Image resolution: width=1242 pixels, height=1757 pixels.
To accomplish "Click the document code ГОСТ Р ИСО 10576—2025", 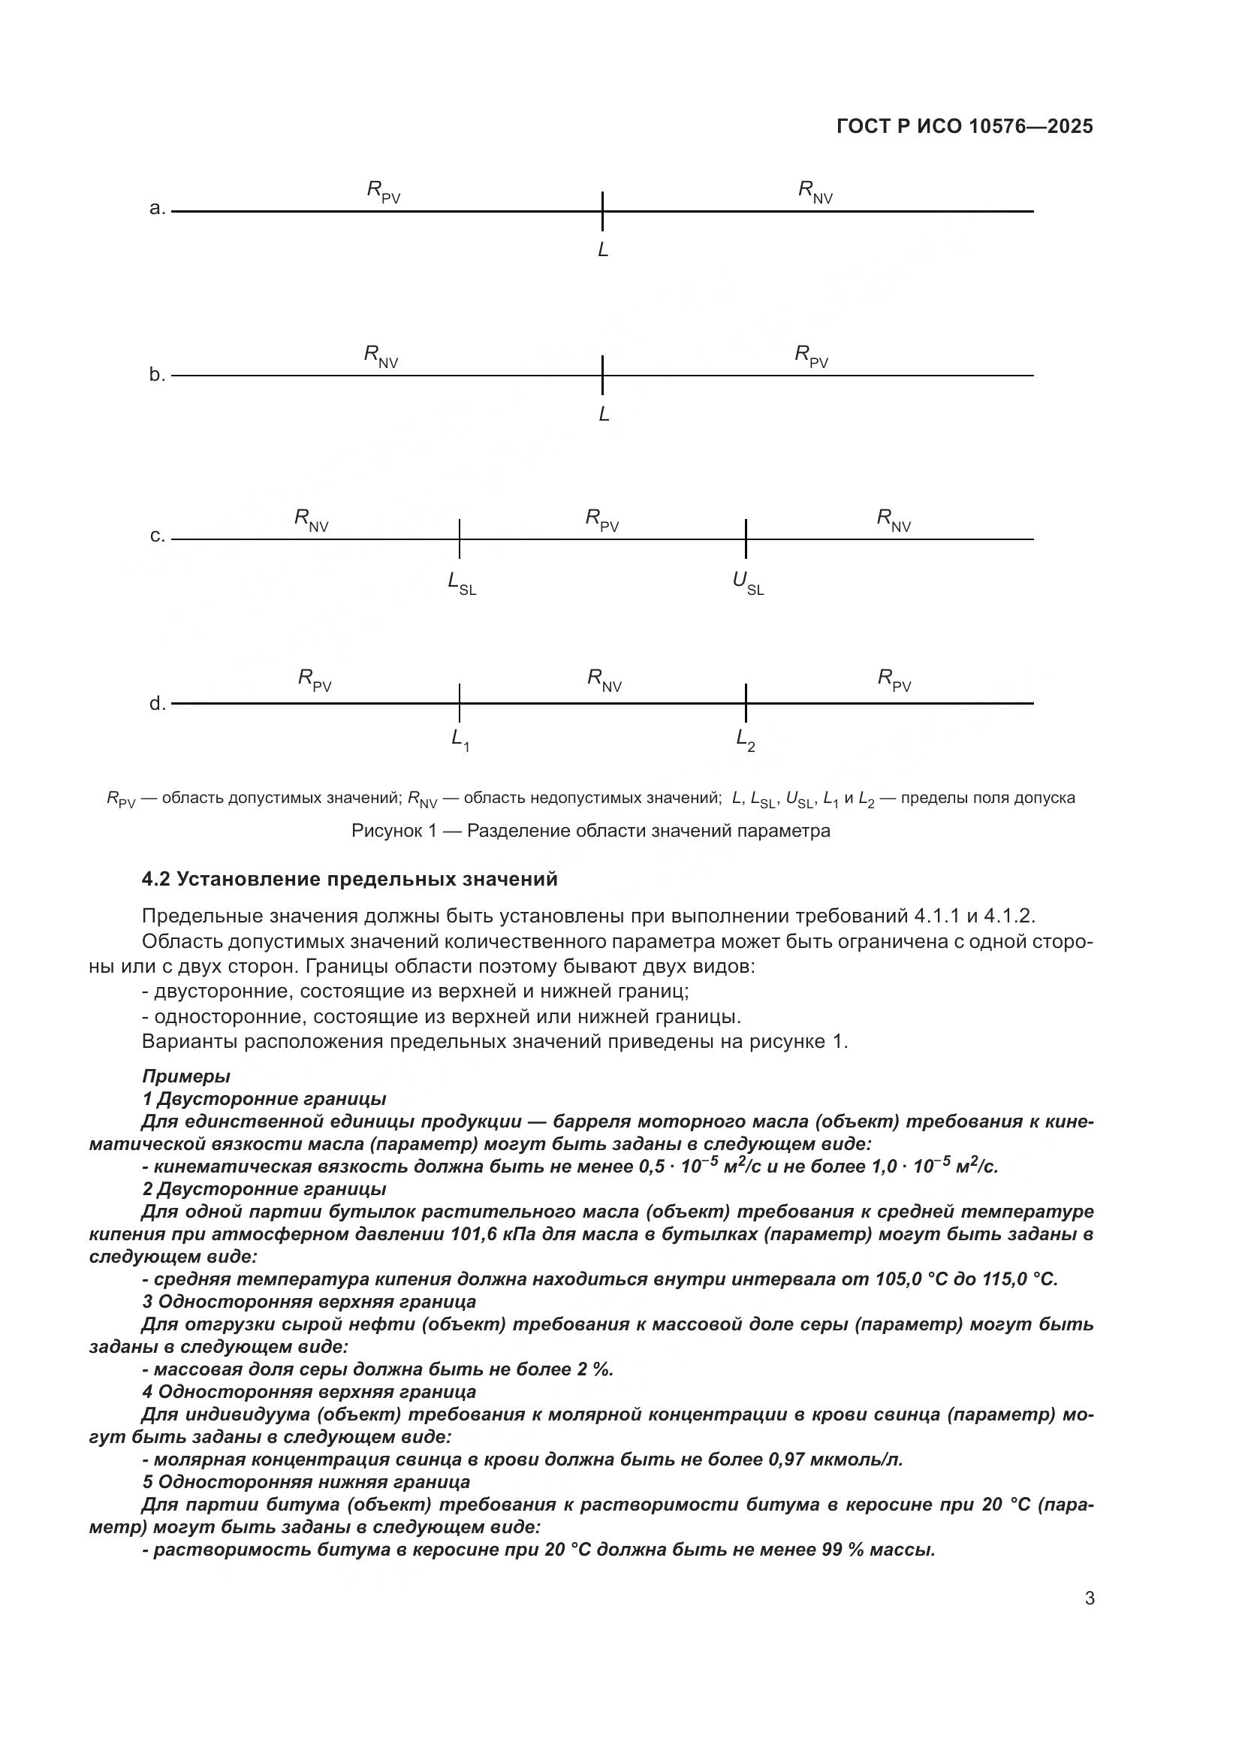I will point(964,126).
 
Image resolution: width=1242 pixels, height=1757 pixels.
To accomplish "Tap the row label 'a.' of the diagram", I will point(157,208).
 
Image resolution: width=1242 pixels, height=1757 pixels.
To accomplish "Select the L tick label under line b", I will point(604,415).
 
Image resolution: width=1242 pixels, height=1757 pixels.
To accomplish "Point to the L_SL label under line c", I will point(461,583).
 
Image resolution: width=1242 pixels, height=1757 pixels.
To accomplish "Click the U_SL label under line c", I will point(747,583).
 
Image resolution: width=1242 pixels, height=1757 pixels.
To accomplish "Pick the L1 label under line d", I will point(460,739).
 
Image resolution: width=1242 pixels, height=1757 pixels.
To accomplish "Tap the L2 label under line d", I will point(745,739).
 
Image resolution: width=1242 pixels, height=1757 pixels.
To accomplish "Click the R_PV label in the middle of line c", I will point(602,520).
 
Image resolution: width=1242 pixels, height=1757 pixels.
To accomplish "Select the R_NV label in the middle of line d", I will point(604,680).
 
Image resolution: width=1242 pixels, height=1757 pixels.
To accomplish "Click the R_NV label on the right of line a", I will point(815,192).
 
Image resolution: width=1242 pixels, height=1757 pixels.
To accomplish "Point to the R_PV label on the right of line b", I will point(811,356).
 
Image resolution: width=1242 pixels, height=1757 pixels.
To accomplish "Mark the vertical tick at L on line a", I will point(603,211).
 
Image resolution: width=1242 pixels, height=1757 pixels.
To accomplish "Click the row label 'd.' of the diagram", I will point(157,704).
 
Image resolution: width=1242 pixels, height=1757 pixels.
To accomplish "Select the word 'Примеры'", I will point(185,1076).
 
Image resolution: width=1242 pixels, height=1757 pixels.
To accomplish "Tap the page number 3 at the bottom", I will point(1089,1599).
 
